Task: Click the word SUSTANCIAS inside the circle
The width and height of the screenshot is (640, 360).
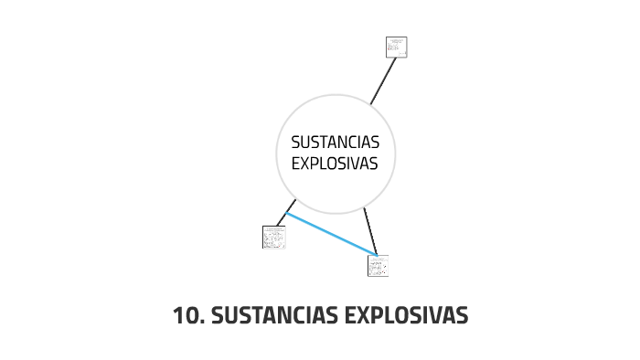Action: coord(335,143)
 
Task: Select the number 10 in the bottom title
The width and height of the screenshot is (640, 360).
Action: coord(186,316)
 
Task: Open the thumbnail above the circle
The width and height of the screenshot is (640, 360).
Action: coord(396,47)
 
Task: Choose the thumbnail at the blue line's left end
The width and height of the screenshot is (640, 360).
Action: coord(273,237)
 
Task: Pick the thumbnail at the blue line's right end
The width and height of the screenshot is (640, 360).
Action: coord(378,265)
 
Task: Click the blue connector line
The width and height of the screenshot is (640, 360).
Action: coord(331,234)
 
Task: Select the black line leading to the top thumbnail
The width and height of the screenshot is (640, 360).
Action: coord(382,82)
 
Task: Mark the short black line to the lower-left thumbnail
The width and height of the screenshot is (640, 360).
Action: coord(285,214)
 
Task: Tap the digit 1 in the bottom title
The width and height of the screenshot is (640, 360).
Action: coord(178,316)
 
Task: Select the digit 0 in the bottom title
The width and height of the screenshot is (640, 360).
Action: coord(190,316)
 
